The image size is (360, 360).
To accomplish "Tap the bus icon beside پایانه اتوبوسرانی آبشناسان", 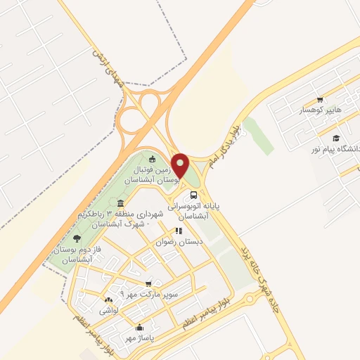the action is (193, 195).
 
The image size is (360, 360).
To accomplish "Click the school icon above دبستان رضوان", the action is (179, 230).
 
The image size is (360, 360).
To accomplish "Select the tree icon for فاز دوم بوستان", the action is (76, 239).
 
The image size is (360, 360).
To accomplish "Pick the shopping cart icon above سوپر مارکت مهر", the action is (148, 283).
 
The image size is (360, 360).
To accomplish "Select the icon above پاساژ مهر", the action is (139, 327).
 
